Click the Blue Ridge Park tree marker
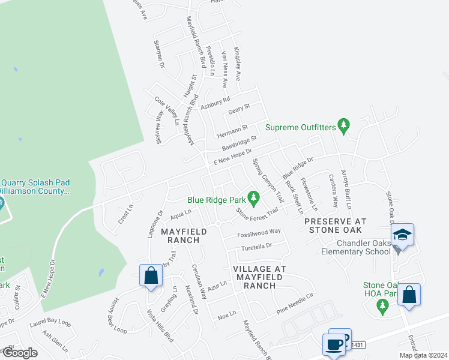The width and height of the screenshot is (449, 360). [x=253, y=197]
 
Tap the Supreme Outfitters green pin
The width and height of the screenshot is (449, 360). [x=343, y=126]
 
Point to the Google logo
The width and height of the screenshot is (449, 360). [x=19, y=353]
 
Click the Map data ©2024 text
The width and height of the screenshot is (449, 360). [x=423, y=355]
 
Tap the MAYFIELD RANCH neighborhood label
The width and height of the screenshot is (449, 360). [x=183, y=235]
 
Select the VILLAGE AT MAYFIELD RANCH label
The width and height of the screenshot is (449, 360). [x=259, y=277]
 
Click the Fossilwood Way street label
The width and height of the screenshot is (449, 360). [x=259, y=232]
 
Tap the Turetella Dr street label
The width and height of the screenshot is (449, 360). [x=256, y=245]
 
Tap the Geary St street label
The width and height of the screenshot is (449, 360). [x=239, y=109]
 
